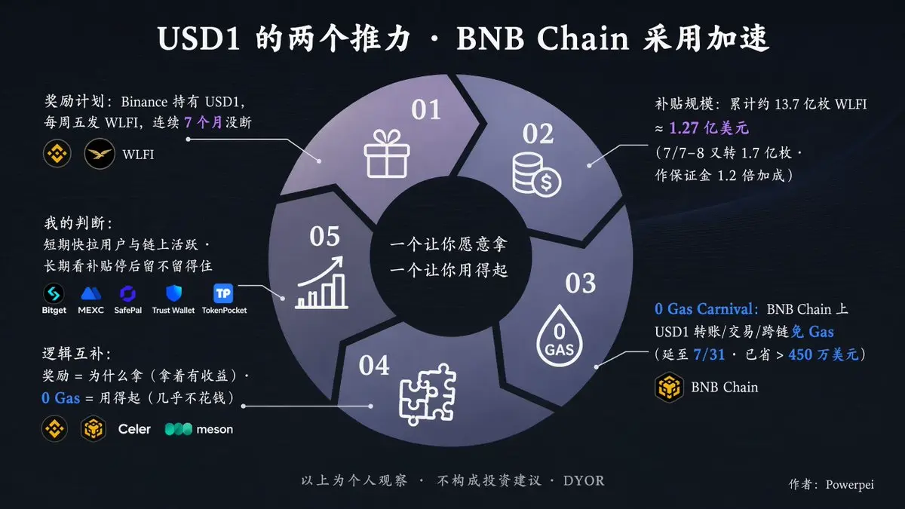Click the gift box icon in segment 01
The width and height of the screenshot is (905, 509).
tap(387, 154)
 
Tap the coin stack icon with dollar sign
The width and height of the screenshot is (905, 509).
tap(536, 174)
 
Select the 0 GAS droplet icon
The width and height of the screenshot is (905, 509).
tap(559, 336)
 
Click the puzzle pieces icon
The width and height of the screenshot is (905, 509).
tap(428, 394)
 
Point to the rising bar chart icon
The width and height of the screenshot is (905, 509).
tap(321, 283)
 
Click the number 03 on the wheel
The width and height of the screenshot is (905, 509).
tap(580, 284)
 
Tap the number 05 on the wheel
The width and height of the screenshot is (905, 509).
tap(324, 236)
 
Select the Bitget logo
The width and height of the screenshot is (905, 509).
tap(54, 293)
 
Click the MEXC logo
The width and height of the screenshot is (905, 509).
tap(91, 293)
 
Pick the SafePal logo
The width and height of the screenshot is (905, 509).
tap(127, 293)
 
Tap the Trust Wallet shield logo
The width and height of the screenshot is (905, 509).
tap(173, 293)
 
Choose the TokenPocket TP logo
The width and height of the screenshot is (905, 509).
tap(223, 293)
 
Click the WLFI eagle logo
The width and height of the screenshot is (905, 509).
tap(100, 154)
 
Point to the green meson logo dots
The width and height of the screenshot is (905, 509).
tap(179, 429)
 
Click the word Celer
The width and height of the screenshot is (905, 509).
tap(134, 429)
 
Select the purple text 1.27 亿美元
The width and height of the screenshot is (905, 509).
tap(709, 128)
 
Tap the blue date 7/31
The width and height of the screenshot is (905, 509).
tap(709, 354)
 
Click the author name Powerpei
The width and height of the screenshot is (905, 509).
tap(850, 484)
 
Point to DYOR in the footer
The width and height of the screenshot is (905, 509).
tap(584, 481)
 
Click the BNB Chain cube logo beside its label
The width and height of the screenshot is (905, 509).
tap(669, 387)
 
